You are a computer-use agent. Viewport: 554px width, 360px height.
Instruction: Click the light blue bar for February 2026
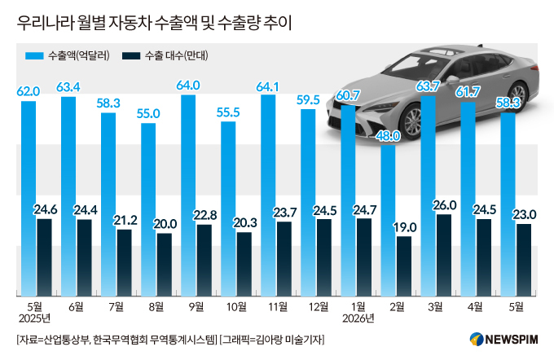(388, 221)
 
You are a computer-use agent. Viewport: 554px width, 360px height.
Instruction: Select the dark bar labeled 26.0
(444, 255)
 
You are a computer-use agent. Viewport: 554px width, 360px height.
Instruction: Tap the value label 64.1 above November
(267, 87)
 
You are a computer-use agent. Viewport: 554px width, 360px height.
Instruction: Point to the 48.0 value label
(388, 136)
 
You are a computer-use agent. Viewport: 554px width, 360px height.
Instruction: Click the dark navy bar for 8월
(165, 265)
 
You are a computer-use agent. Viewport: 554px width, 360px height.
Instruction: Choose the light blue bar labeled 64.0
(188, 195)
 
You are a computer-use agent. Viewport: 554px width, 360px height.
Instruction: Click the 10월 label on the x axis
(236, 307)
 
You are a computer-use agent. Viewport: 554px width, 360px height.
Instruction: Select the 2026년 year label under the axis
(358, 318)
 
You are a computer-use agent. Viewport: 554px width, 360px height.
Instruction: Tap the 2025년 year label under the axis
(34, 318)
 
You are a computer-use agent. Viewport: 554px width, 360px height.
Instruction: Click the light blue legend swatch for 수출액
(34, 56)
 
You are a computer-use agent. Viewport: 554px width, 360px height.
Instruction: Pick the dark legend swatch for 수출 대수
(131, 56)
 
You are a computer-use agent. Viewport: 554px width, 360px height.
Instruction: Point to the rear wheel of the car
(517, 95)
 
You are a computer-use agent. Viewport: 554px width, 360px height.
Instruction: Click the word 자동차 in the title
(130, 24)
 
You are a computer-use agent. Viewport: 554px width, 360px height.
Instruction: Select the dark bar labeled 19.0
(404, 266)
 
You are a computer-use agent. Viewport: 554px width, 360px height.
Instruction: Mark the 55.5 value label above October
(228, 112)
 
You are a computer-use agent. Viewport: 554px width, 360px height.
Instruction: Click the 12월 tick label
(318, 307)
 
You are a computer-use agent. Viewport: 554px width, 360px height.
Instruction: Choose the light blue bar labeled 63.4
(68, 196)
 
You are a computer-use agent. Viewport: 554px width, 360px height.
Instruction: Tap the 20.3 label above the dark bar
(244, 223)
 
